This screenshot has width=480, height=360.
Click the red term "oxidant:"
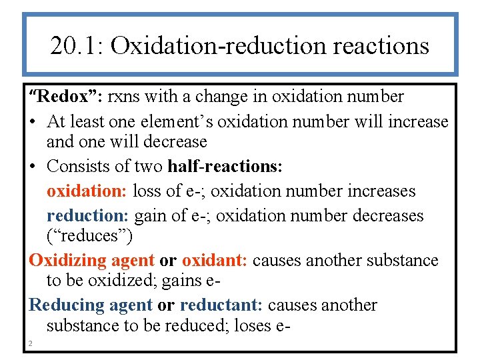(215, 260)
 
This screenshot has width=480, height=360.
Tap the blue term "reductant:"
(222, 306)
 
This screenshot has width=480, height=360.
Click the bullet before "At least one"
(33, 122)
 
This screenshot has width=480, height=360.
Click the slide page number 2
(30, 343)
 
